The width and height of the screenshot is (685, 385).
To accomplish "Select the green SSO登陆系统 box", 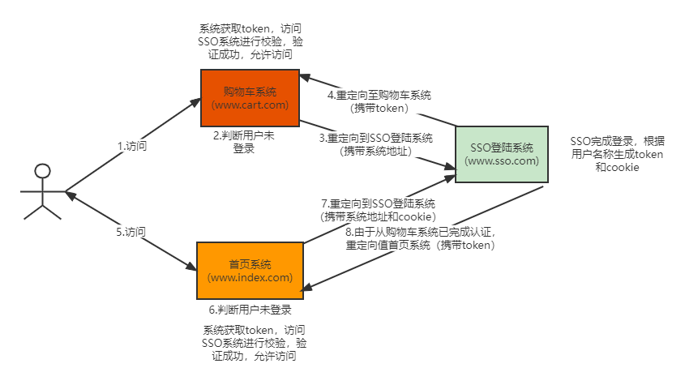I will pos(502,154).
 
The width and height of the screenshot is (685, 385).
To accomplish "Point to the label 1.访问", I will pos(132,147).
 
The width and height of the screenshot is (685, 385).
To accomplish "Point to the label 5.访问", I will pos(131,231).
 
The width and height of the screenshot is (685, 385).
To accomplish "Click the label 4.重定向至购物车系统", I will pos(379,95).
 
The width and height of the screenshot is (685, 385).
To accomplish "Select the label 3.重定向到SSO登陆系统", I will pos(376,138).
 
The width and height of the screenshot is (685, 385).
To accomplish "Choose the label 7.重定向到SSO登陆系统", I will pos(378,203).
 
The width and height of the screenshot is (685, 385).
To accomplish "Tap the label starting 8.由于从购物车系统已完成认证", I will pos(419,232).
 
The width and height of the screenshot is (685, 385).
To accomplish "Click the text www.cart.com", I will pos(250,105).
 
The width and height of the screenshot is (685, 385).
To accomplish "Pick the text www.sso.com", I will pos(502,160).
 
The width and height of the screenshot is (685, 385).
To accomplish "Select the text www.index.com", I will pos(250,277).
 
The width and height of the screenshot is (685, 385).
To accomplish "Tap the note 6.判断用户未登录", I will pos(250,310).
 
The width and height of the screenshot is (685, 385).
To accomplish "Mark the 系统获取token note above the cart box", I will pos(246,41).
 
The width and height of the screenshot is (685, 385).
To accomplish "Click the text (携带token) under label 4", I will pos(379,107).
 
